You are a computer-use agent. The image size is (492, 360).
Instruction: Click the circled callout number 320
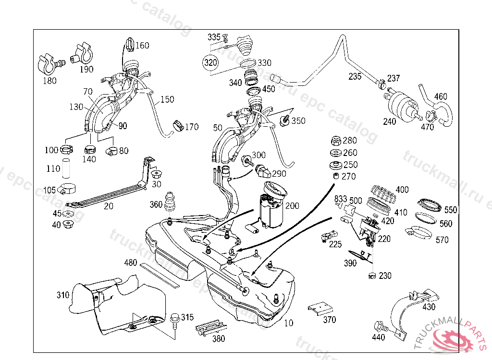(210, 63)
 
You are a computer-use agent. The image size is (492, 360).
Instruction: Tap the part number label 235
(355, 76)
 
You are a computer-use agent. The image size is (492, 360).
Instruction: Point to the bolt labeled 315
(175, 318)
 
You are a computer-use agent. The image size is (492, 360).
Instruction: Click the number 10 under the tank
(288, 323)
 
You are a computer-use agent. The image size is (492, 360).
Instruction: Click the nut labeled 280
(335, 141)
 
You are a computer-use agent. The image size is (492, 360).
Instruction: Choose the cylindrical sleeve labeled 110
(66, 169)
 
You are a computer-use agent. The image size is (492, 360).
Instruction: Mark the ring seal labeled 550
(429, 205)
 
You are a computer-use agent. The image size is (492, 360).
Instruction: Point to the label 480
(131, 263)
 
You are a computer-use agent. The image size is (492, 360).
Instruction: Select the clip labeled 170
(178, 125)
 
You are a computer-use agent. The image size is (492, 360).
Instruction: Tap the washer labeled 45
(69, 214)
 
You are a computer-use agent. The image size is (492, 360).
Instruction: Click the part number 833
(341, 199)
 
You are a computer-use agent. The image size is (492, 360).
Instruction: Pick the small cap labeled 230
(371, 276)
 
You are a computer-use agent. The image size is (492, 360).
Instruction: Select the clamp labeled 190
(83, 54)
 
